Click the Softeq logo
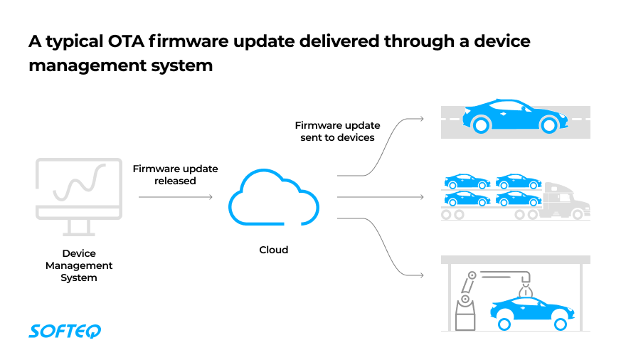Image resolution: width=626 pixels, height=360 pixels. tap(65, 331)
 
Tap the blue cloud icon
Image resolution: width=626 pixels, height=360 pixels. tap(273, 199)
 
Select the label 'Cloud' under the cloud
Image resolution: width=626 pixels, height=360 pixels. tap(273, 250)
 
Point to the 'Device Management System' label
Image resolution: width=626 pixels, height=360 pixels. tap(79, 265)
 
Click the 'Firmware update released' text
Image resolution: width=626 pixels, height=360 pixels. tap(175, 174)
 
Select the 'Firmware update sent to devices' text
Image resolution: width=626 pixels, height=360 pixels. tap(337, 131)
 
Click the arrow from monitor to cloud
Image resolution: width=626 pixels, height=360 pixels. tap(176, 197)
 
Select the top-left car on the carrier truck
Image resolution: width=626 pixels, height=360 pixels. tap(467, 181)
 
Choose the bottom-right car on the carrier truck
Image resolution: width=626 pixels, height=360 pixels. tap(519, 198)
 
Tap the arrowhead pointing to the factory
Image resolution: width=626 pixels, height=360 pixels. tap(422, 274)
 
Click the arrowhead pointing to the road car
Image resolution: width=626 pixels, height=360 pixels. tap(422, 119)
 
